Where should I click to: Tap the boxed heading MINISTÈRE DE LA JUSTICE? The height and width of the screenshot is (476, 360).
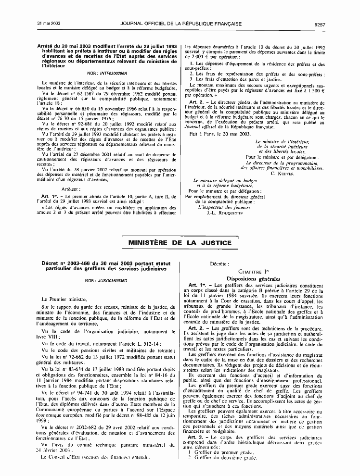point(180,243)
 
